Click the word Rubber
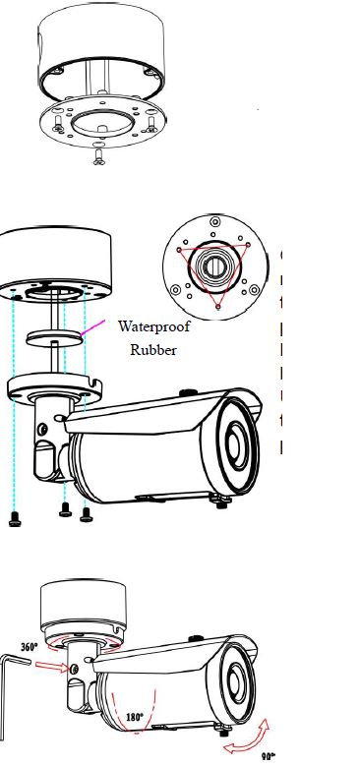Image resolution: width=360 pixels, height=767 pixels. point(152,350)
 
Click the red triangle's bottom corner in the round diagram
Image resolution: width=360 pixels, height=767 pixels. point(218,308)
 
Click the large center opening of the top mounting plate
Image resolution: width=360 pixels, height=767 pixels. point(99,123)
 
